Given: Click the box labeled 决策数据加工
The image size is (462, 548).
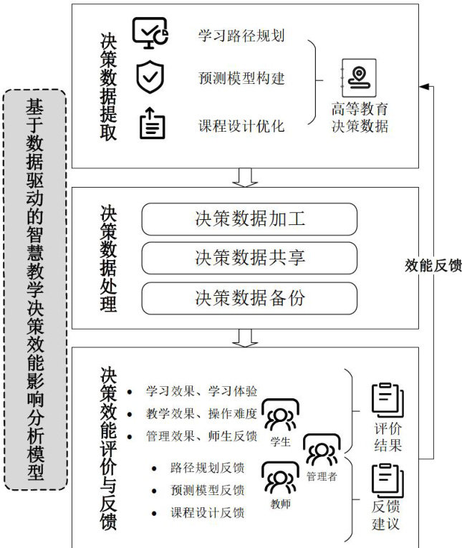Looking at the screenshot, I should (x=249, y=219).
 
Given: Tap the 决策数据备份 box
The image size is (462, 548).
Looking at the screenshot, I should (x=249, y=298).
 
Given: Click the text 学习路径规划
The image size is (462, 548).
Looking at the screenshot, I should (x=241, y=36).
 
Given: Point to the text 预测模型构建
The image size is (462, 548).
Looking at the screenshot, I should (x=241, y=77).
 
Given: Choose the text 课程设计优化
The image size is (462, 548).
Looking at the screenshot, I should (x=241, y=126).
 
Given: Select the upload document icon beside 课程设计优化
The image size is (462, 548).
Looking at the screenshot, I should (x=151, y=123).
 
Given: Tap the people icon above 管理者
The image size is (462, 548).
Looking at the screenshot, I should (x=321, y=451).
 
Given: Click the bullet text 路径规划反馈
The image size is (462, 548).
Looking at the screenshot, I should (x=207, y=468).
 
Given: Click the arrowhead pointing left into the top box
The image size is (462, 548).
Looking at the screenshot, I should (x=423, y=86).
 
